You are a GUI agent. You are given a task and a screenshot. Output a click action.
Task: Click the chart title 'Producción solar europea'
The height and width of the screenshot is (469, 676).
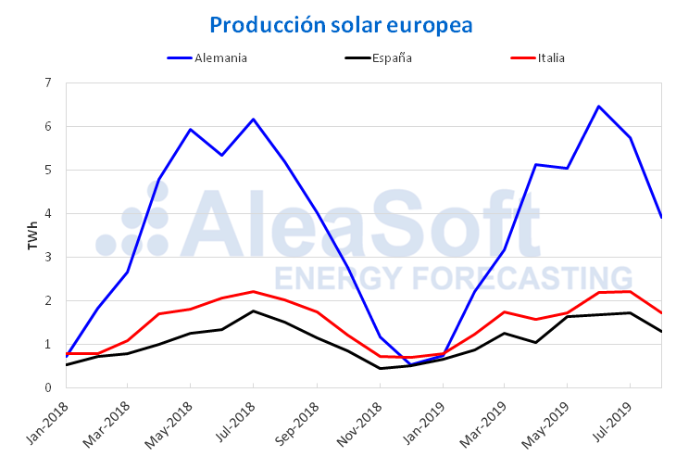coord(341,25)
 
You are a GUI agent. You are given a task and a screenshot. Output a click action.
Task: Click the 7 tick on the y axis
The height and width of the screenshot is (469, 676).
coord(48,82)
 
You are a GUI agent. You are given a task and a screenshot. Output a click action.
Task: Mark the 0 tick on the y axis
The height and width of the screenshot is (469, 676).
coord(48,387)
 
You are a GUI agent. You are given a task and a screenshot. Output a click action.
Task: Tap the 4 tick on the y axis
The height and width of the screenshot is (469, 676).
coord(48,213)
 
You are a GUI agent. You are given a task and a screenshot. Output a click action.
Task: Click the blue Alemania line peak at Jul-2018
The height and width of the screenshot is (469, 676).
coord(253,119)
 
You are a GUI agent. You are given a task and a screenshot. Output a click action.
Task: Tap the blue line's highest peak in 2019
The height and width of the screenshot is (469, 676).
coord(598,107)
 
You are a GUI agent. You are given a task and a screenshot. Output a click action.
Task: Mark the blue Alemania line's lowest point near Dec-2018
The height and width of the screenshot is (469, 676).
coord(410,364)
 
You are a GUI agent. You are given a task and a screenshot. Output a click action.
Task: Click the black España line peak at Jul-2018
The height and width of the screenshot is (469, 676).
coord(253,311)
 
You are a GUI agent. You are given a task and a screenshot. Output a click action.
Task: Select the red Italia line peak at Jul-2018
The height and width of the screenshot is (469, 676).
coord(253,291)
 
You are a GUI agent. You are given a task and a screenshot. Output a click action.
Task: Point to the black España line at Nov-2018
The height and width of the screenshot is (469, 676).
coord(379,368)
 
